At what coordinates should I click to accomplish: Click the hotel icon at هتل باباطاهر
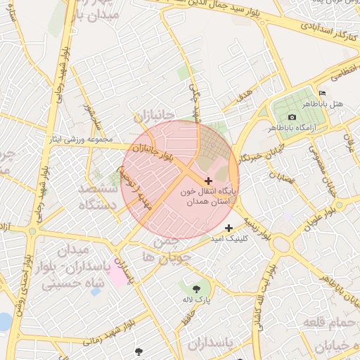click(323, 94)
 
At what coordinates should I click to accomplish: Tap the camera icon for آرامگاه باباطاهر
click(292, 117)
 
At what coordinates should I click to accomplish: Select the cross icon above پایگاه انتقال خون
click(208, 181)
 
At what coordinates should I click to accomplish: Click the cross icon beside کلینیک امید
click(229, 228)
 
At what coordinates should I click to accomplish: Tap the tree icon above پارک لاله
click(196, 288)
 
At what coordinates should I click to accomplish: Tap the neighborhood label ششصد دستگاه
click(91, 198)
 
